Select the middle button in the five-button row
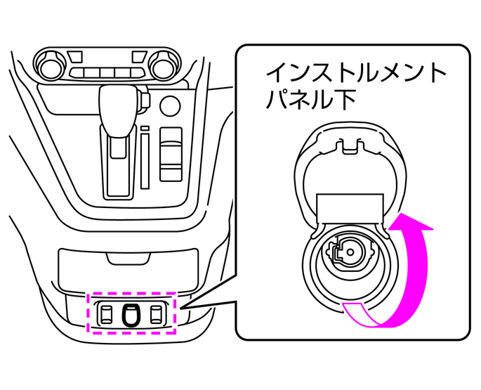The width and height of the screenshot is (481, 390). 107,74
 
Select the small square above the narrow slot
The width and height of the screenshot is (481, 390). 145,130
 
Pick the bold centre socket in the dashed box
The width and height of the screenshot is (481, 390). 130,313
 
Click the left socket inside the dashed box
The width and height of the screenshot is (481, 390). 107,313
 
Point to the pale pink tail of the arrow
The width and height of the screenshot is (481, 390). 358,312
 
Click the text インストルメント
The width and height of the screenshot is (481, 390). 355,72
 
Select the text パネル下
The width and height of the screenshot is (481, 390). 310,100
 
